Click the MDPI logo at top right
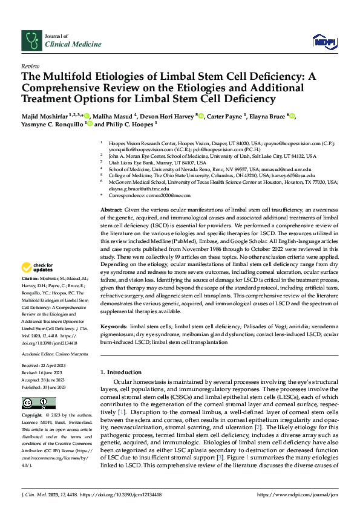tap(324, 41)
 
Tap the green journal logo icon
tap(31, 40)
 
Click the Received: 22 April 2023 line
tap(45, 367)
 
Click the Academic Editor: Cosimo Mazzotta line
tap(54, 353)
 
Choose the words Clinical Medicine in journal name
tap(62, 44)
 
